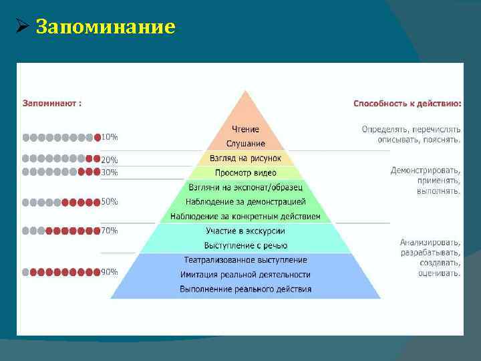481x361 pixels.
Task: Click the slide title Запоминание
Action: pos(105,27)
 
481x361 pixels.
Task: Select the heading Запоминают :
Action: pos(53,104)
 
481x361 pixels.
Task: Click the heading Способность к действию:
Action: pos(407,104)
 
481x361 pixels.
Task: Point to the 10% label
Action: pos(110,137)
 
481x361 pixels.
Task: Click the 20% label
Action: pos(110,160)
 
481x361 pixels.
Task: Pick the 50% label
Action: pos(110,201)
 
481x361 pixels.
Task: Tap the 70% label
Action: pos(110,231)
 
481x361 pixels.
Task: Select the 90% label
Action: pos(110,272)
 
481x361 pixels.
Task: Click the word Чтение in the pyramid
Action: pos(245,129)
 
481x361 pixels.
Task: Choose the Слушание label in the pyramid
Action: pos(245,144)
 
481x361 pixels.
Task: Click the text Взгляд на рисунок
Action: pos(245,158)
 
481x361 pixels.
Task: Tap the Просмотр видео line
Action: pos(245,172)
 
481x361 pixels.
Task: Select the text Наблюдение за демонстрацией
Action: pos(245,201)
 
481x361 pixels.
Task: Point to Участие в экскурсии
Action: pos(245,231)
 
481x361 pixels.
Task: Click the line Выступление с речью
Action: pos(245,245)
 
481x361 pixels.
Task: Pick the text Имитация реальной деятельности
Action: pos(245,274)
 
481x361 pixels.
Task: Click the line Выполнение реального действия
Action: pos(245,289)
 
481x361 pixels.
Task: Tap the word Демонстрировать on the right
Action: pos(426,170)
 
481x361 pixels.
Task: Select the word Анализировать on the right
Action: pos(430,242)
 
